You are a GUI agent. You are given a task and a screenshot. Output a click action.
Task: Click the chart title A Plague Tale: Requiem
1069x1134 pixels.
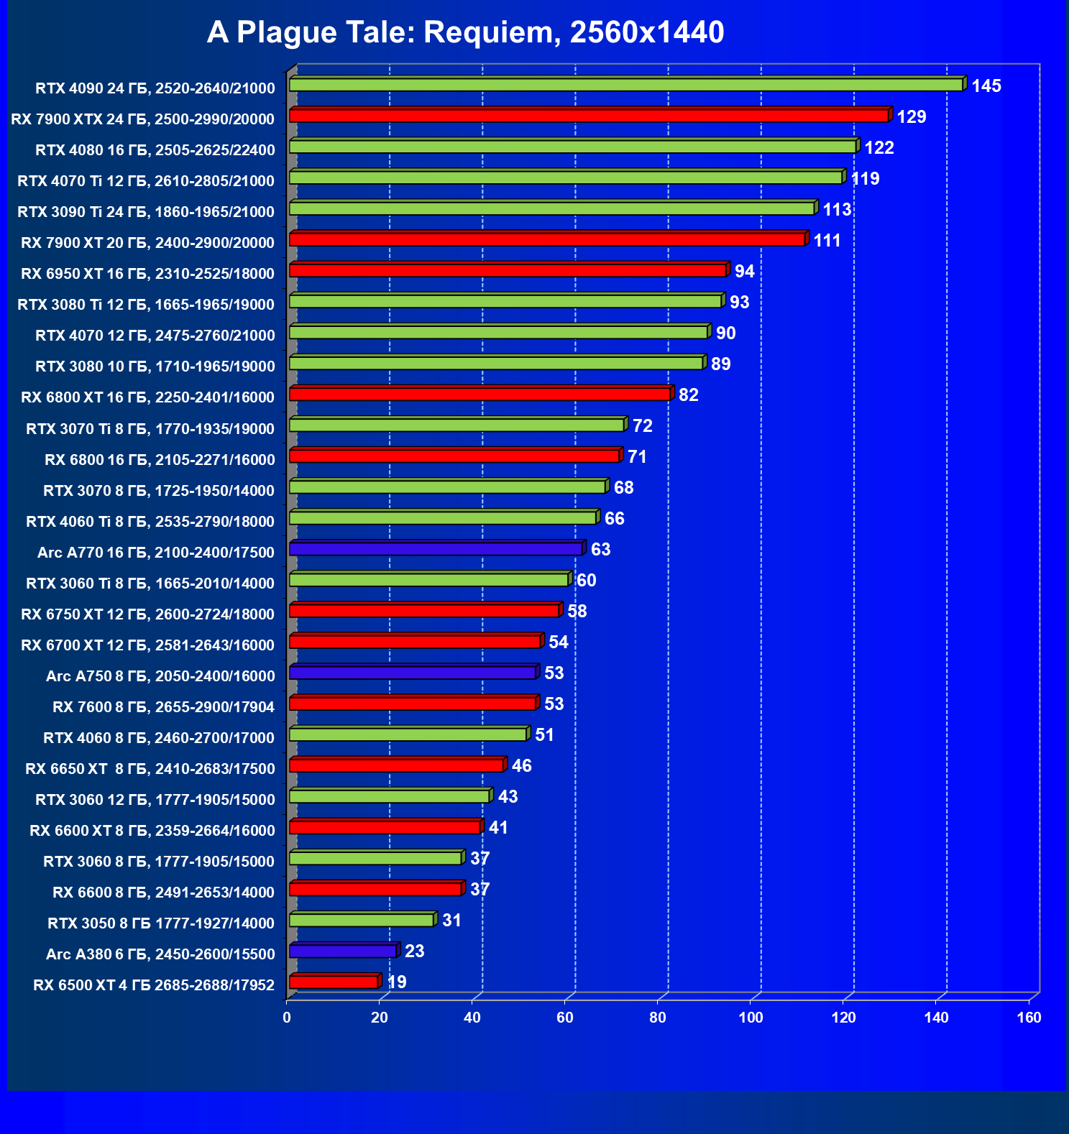(465, 32)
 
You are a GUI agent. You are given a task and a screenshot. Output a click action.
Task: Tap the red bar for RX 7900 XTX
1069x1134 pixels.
(589, 116)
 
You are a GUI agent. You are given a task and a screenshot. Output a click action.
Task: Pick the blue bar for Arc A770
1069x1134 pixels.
(436, 549)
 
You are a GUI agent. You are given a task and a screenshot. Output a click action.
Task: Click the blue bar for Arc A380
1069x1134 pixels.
(343, 951)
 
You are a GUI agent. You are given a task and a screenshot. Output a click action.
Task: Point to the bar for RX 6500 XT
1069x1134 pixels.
(334, 982)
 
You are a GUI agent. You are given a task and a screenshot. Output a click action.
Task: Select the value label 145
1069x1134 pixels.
(986, 86)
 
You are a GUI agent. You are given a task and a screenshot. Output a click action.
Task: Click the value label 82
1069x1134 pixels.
(688, 395)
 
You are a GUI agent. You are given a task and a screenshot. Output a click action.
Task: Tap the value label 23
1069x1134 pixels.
(414, 951)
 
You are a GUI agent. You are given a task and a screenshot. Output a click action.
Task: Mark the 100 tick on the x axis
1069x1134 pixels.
(751, 1018)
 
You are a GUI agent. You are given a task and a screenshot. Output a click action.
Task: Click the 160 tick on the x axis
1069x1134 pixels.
(1029, 1018)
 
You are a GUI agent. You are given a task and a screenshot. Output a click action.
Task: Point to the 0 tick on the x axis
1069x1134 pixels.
(287, 1018)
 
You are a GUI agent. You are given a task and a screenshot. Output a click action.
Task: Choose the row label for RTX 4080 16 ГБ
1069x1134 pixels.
(155, 150)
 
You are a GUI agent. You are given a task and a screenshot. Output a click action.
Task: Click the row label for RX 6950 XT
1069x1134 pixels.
(147, 274)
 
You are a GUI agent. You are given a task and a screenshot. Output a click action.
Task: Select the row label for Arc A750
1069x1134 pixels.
(160, 676)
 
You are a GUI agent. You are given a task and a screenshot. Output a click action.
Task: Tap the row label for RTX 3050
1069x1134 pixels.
(160, 923)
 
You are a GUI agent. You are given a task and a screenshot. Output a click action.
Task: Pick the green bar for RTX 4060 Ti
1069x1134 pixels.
(443, 518)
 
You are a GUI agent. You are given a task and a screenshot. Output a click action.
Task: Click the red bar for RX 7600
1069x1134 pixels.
(413, 704)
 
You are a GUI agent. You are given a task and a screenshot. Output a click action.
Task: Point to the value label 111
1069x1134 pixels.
(827, 241)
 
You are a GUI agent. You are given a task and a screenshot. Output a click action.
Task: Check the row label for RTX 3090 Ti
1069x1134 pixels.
(145, 212)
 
